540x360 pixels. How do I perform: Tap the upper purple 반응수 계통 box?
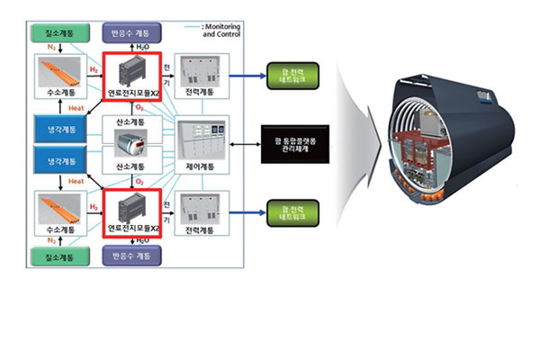[132, 32]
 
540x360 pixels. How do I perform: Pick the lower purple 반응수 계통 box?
[132, 257]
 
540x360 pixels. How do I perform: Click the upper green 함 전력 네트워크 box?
[293, 74]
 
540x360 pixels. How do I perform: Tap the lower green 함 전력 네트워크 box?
[293, 212]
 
